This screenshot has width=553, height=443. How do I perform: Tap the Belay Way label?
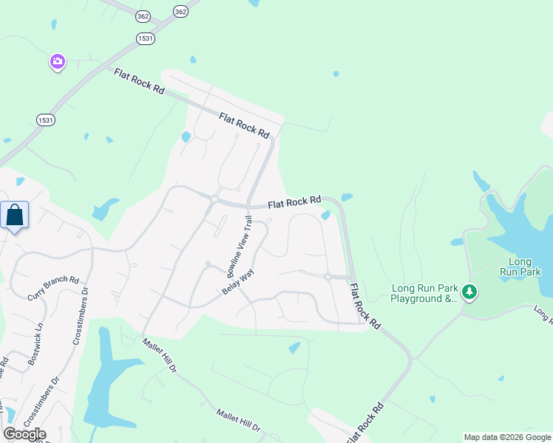(x=238, y=281)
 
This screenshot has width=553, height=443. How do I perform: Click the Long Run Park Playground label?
(x=425, y=294)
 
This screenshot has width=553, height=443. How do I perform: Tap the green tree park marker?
(x=469, y=293)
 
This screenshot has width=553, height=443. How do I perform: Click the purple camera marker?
(x=58, y=62)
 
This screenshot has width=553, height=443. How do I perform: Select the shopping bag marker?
(x=15, y=216)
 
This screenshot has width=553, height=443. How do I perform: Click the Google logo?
(x=24, y=434)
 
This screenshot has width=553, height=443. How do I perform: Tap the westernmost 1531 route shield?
(x=46, y=119)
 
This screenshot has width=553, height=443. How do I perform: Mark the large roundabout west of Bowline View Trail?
(x=213, y=199)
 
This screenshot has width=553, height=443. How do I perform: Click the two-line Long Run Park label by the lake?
(x=520, y=267)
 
